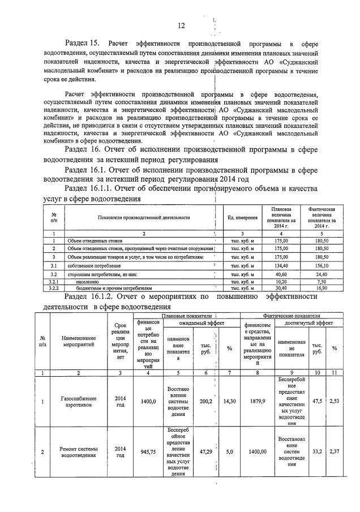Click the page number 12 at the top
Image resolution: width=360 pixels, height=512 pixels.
pyautogui.click(x=181, y=25)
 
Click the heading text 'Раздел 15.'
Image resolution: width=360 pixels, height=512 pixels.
pyautogui.click(x=82, y=44)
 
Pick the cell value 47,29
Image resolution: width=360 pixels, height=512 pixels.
pyautogui.click(x=205, y=453)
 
